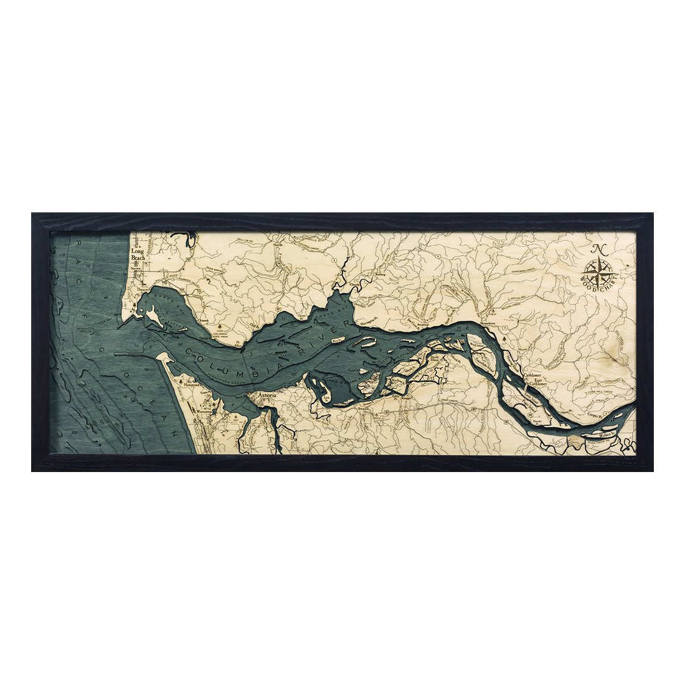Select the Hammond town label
click(194, 386)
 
